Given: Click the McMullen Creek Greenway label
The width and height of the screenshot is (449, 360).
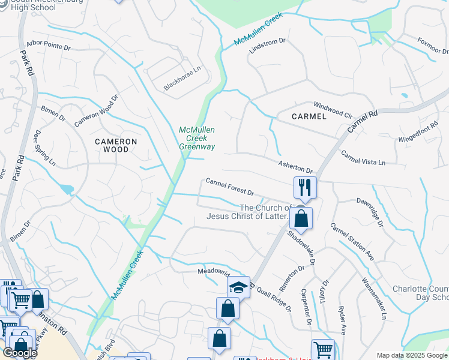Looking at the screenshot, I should tap(197, 138).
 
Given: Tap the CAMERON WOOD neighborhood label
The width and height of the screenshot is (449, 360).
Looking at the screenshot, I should tap(116, 145).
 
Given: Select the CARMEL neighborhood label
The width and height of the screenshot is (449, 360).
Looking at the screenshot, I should tap(309, 116).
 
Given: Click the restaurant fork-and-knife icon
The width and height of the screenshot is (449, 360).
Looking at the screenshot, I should tap(305, 187).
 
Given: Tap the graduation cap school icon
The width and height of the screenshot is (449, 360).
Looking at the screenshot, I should tap(238, 287).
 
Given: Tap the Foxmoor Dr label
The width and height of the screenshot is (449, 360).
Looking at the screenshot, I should tap(433, 47).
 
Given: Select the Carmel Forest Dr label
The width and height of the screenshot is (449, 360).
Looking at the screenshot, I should tap(231, 186).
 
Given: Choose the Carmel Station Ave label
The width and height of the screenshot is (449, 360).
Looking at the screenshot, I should tap(352, 241).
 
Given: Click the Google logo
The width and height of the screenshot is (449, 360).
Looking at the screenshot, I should tap(20, 353).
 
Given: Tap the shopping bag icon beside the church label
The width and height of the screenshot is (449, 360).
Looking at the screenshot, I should tap(301, 218).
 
